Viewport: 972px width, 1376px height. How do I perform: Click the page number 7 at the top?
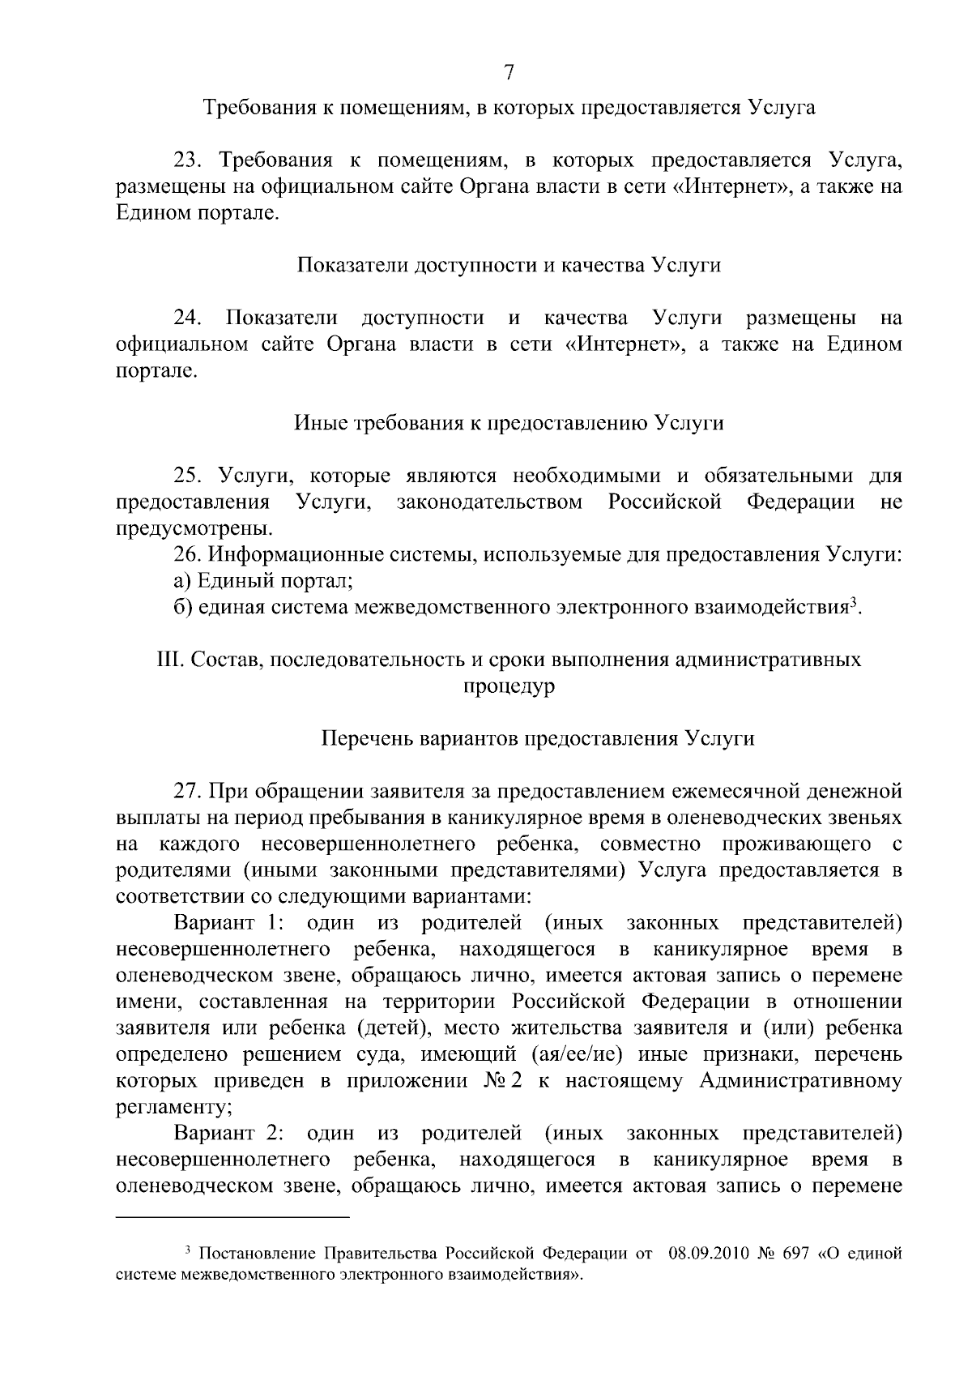509,73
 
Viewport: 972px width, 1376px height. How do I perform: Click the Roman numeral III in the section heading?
168,660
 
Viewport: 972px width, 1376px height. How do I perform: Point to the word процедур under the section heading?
509,686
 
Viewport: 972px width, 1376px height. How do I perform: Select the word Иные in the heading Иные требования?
321,423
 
